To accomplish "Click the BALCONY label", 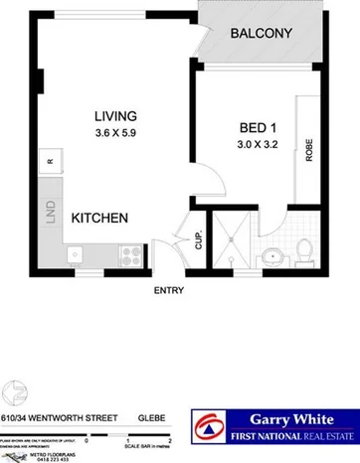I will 261,34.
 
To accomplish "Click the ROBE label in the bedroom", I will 309,149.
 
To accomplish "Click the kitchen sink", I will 76,255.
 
